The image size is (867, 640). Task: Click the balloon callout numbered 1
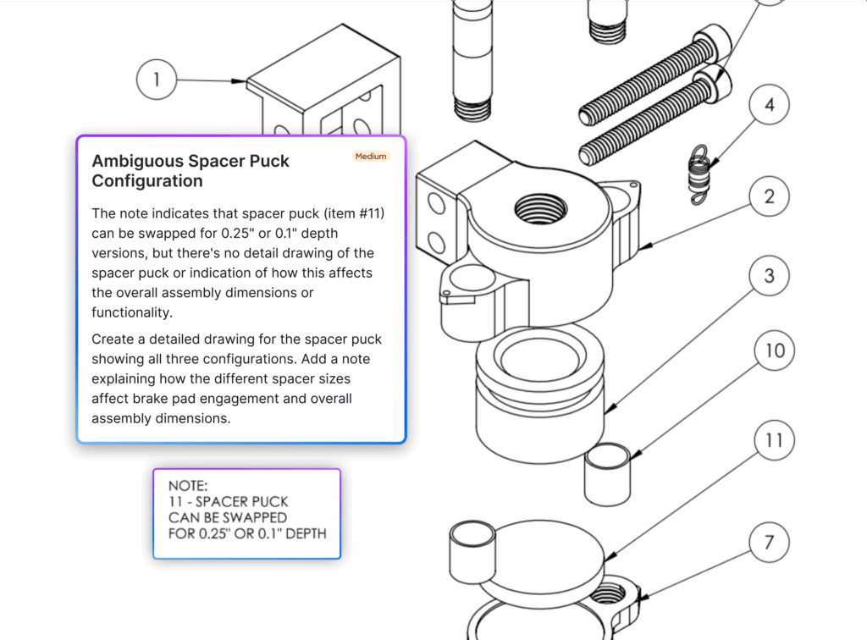(157, 80)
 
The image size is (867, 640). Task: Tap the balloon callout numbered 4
(769, 106)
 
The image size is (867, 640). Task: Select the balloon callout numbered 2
(769, 197)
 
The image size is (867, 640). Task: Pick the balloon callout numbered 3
(769, 276)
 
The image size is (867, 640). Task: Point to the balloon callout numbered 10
(775, 350)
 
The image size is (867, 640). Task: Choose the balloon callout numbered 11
(775, 441)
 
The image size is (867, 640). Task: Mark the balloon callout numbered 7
(769, 542)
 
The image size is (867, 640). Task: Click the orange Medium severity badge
(371, 157)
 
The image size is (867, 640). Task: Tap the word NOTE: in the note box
(188, 486)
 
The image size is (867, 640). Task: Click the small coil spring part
(698, 174)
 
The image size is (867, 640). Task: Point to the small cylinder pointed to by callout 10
(608, 473)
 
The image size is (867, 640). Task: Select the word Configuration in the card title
(147, 181)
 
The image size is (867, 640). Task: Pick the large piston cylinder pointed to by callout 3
(538, 398)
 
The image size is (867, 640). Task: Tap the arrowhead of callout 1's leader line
(240, 82)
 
